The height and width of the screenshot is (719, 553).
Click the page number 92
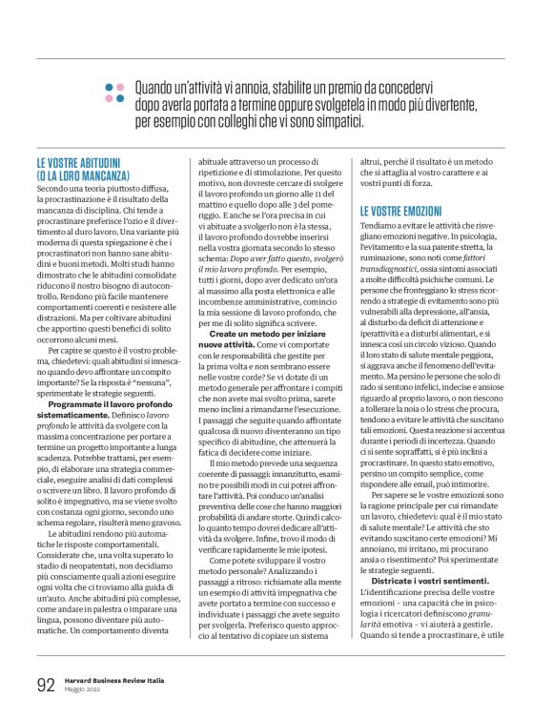coord(45,684)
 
